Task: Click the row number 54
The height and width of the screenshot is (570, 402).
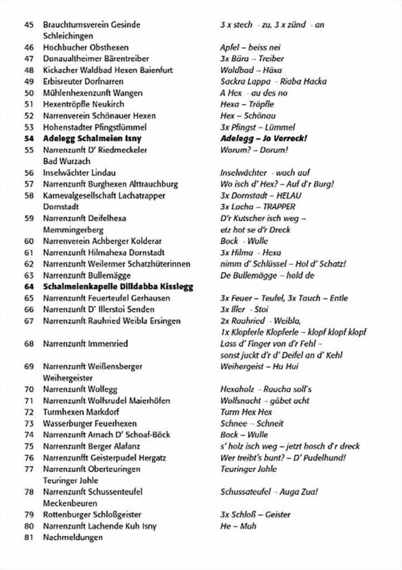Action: [30, 138]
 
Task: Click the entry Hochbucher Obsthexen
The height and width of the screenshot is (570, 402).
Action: [82, 47]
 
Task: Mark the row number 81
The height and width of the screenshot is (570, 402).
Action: [30, 538]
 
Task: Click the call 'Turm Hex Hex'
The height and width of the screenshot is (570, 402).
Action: [246, 412]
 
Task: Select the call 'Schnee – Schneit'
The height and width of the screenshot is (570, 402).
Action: [248, 424]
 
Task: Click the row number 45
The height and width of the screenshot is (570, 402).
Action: [30, 24]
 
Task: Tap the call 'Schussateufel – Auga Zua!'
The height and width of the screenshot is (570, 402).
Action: [270, 492]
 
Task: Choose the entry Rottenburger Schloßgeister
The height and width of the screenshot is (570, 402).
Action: [92, 515]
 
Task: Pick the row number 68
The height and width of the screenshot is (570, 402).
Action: [30, 344]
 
